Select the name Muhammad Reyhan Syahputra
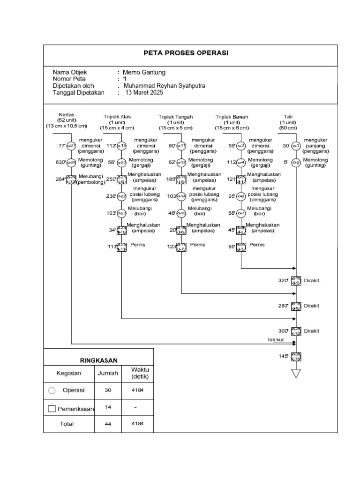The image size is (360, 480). pyautogui.click(x=164, y=86)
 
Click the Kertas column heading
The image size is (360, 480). pyautogui.click(x=67, y=114)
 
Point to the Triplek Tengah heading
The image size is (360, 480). pyautogui.click(x=175, y=117)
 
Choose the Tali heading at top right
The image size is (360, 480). pyautogui.click(x=288, y=117)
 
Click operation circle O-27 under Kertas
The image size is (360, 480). pyautogui.click(x=71, y=146)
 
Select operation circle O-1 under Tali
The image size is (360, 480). pyautogui.click(x=296, y=146)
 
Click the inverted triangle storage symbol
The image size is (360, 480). pyautogui.click(x=296, y=373)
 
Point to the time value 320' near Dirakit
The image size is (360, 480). pyautogui.click(x=282, y=280)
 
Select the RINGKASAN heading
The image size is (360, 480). pyautogui.click(x=98, y=360)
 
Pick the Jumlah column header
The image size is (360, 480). pyautogui.click(x=108, y=374)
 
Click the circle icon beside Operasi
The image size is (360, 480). pyautogui.click(x=52, y=390)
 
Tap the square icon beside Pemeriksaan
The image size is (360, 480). pyautogui.click(x=52, y=409)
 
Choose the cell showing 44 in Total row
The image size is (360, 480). pyautogui.click(x=108, y=424)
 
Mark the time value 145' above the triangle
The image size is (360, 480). pyautogui.click(x=283, y=356)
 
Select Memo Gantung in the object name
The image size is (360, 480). pyautogui.click(x=144, y=73)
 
